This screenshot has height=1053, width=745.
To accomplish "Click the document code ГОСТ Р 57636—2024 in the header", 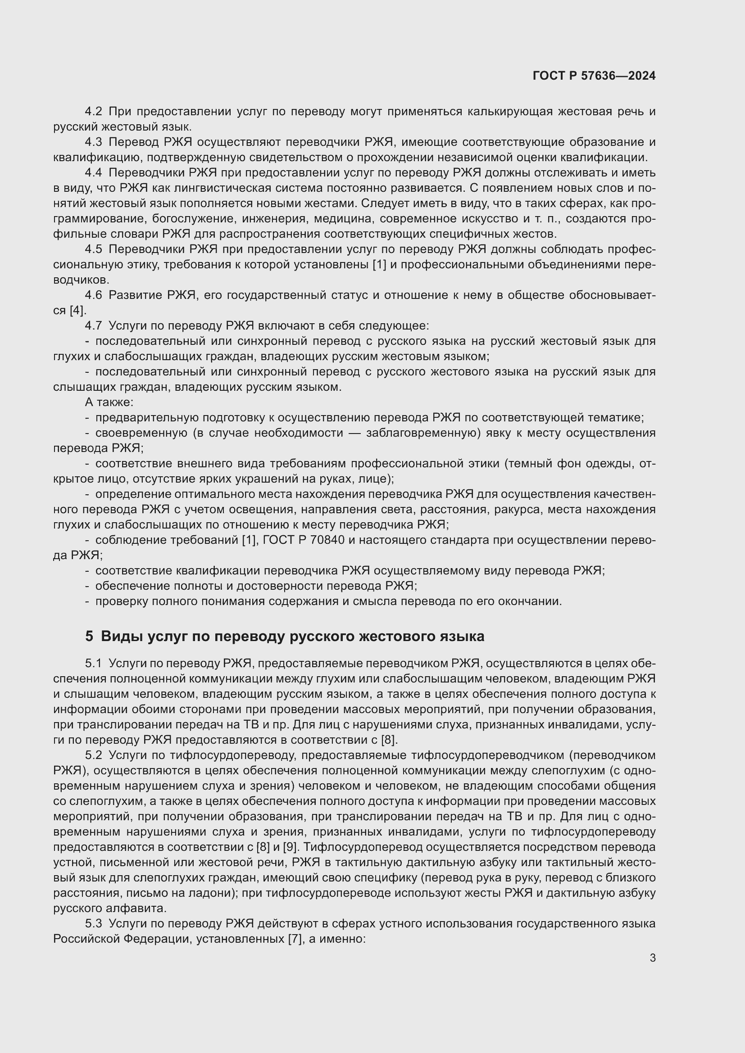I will [594, 76].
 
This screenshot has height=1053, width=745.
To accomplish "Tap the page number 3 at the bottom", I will [652, 958].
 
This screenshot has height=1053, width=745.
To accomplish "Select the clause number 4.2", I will [94, 112].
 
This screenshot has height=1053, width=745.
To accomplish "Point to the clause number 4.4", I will [94, 173].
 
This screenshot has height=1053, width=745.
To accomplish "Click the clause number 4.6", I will [94, 295].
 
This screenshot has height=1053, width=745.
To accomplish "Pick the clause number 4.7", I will [94, 325].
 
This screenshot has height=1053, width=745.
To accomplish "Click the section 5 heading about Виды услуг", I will [284, 636].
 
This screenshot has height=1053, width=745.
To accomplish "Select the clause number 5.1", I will [94, 663].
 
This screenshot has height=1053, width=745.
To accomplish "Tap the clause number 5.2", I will [94, 755].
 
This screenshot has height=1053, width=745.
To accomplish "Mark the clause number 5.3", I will [94, 923].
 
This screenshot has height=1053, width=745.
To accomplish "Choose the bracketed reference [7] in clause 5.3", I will [294, 939].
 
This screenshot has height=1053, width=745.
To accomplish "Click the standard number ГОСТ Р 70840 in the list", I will [304, 540].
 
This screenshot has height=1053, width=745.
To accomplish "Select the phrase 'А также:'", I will [109, 402].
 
